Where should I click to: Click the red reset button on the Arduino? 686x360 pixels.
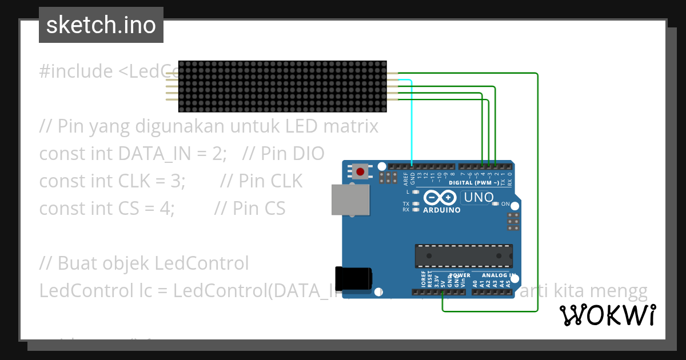(360, 171)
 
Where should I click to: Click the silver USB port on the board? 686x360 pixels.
(350, 199)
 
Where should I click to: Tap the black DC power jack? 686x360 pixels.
(353, 278)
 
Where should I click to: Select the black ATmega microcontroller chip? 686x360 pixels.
(464, 255)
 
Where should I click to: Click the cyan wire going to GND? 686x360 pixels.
(412, 126)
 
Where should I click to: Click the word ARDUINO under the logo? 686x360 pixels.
(441, 210)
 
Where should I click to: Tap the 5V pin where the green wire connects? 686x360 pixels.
(443, 293)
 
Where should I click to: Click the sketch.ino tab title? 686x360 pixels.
(101, 25)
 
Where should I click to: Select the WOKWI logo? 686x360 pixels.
(607, 315)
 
